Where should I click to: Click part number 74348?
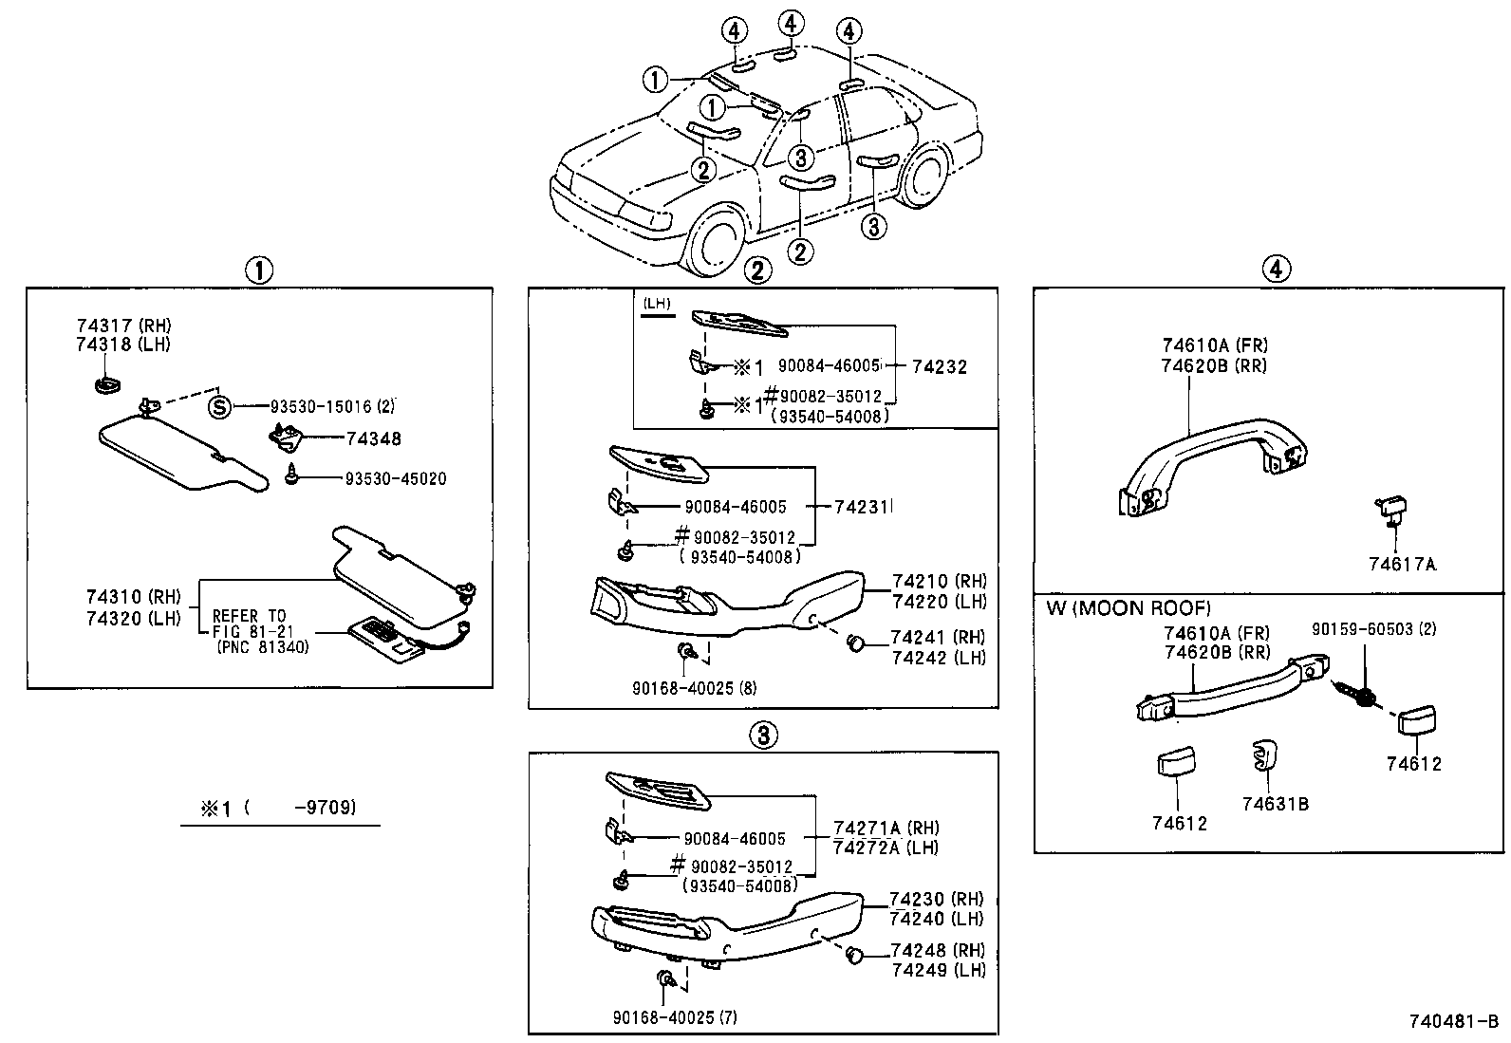[373, 439]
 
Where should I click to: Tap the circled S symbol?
[219, 407]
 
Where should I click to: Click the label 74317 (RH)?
[123, 326]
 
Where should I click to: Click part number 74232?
[939, 366]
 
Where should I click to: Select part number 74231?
[862, 508]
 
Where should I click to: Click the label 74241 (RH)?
[938, 637]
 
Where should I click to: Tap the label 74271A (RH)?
[886, 828]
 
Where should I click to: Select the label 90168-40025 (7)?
[675, 1017]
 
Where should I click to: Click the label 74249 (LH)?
[938, 970]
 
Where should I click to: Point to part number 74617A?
[1402, 565]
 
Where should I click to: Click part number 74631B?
[1275, 804]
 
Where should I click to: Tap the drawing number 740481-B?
[1453, 1022]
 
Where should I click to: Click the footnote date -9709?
[325, 809]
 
